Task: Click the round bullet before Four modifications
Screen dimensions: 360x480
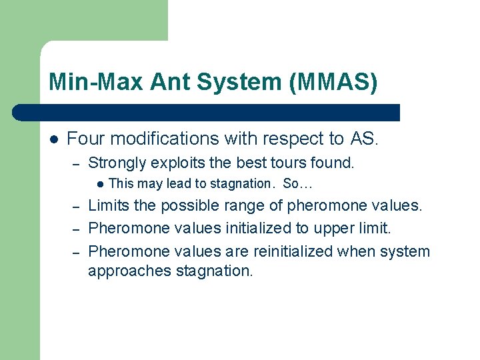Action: pyautogui.click(x=54, y=139)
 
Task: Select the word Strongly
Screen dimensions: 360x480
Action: pyautogui.click(x=117, y=163)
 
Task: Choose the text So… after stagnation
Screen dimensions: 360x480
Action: pyautogui.click(x=297, y=183)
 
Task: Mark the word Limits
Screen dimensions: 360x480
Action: pyautogui.click(x=109, y=205)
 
